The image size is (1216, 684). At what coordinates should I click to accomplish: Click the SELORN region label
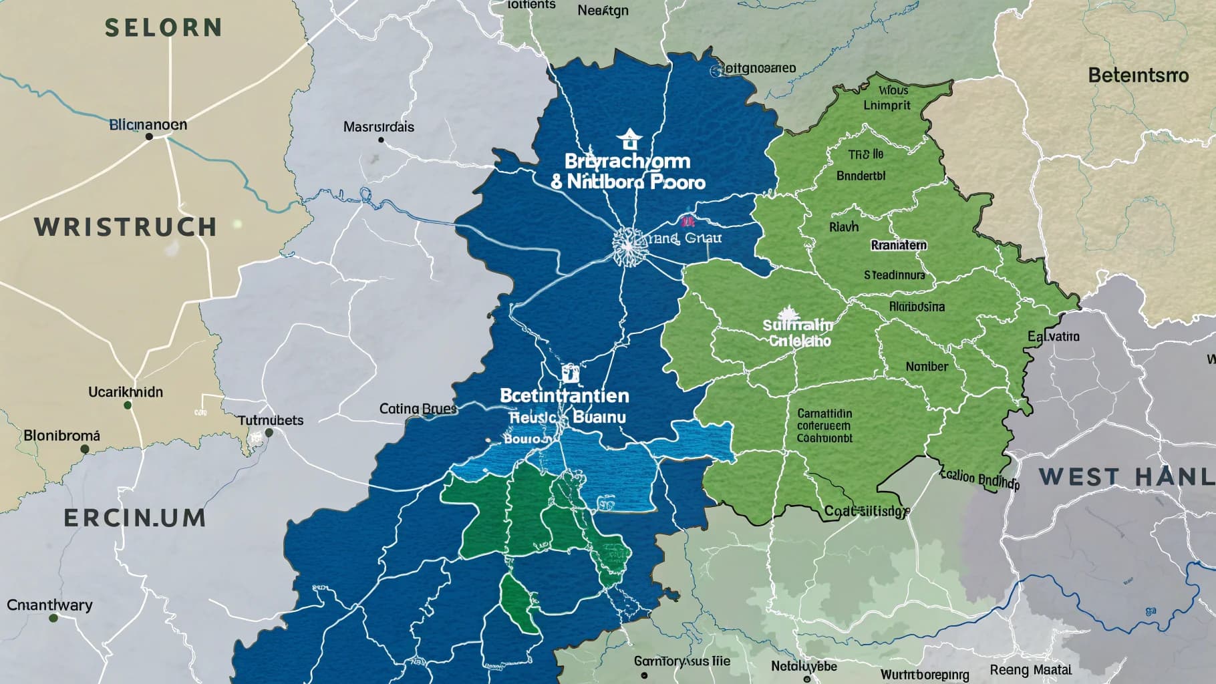point(164,28)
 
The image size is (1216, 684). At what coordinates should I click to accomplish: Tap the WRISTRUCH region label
point(126,228)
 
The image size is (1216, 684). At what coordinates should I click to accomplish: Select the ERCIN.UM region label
point(135,518)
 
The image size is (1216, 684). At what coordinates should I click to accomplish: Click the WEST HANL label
point(1126,477)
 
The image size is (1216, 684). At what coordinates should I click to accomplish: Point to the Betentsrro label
point(1138,75)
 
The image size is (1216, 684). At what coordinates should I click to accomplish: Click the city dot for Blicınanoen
point(149,136)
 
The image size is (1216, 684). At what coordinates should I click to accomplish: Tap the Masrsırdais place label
point(378,127)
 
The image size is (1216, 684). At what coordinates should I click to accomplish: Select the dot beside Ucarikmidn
point(128,405)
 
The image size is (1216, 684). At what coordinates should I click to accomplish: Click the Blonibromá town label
point(61,436)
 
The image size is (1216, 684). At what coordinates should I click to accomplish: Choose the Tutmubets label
point(271,420)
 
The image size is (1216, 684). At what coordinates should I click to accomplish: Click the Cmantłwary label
point(49,605)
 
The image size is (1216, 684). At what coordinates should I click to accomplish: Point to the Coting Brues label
point(418,408)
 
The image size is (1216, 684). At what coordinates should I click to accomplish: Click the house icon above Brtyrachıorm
point(627,140)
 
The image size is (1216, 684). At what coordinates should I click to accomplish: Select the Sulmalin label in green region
point(798,325)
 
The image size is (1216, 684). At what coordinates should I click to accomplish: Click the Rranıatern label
point(899,245)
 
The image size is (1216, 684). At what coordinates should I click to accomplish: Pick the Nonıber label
point(927,367)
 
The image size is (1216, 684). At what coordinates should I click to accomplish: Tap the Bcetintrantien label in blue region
point(565,395)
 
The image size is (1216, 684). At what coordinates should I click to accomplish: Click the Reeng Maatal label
point(1030,669)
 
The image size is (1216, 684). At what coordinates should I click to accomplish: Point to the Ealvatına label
point(1054,336)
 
